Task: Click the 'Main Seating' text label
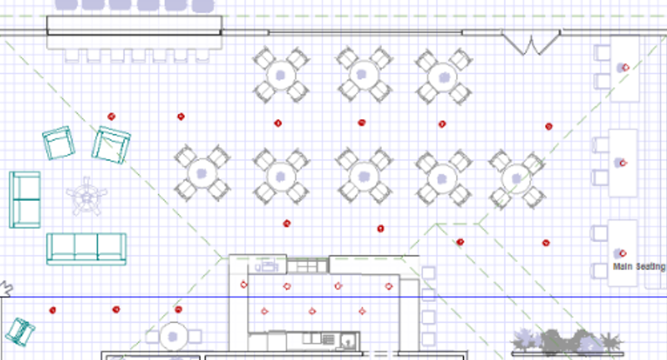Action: [x=639, y=267]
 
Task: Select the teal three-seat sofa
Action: [x=86, y=249]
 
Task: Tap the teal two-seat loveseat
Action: [x=25, y=200]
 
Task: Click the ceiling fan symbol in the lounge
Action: [x=87, y=197]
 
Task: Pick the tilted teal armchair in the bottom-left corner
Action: [x=20, y=331]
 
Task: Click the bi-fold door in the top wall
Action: [x=531, y=42]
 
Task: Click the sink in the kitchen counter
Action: [x=348, y=340]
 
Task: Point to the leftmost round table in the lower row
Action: [x=203, y=173]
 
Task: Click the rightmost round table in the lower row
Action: [x=516, y=179]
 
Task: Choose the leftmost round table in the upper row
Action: [x=281, y=75]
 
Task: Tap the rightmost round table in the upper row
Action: [x=443, y=77]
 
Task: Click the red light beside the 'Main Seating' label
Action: [x=623, y=253]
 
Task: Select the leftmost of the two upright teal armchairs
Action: [x=59, y=143]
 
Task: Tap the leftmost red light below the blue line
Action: [x=52, y=310]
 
